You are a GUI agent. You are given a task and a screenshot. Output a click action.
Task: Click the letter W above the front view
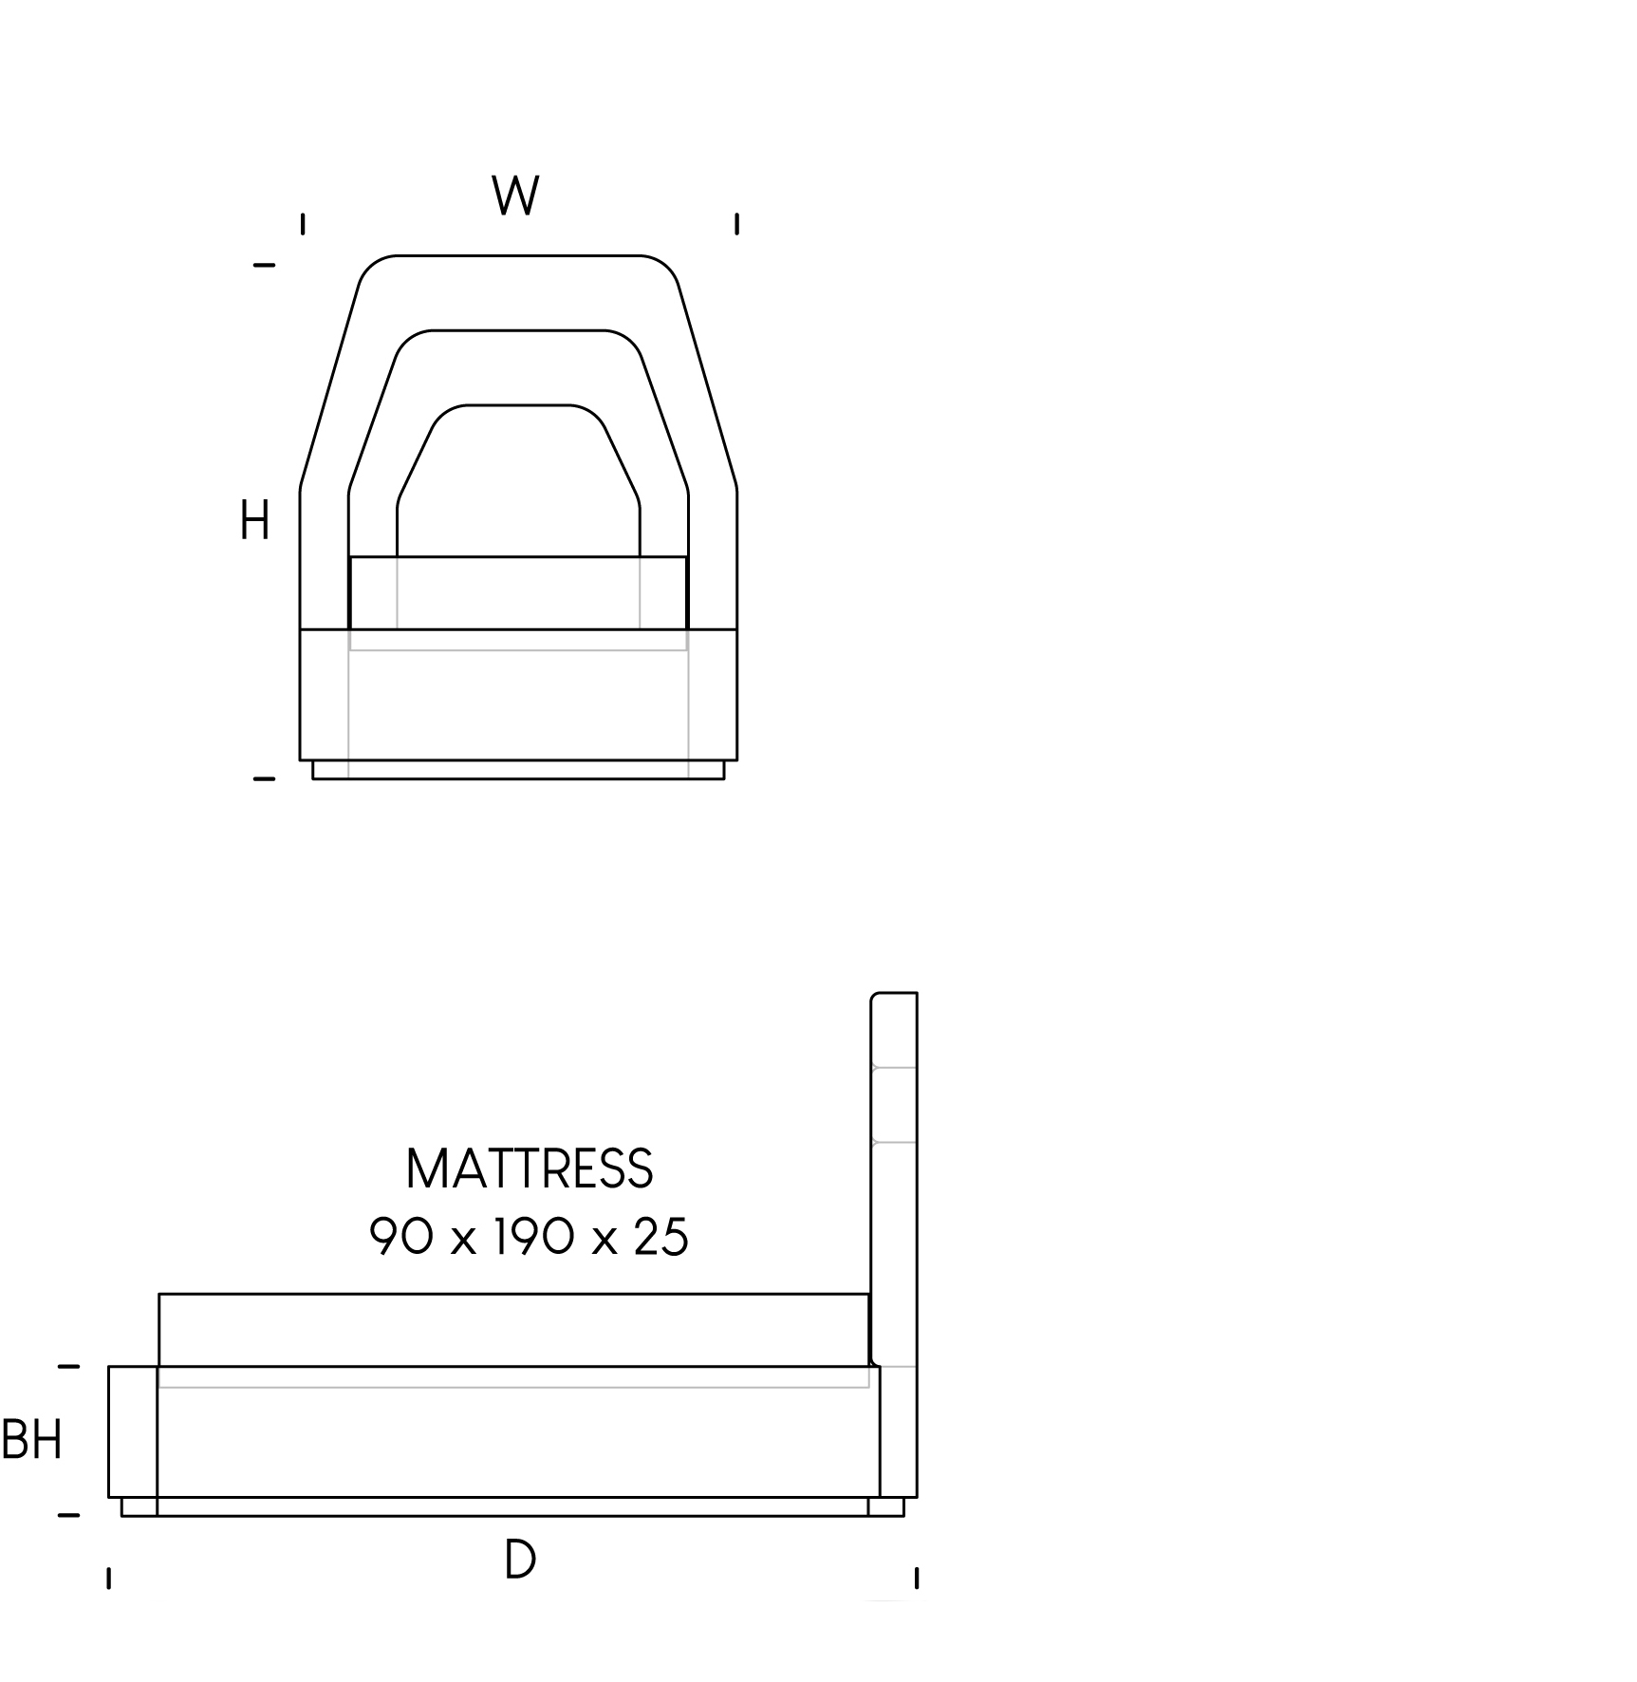pyautogui.click(x=516, y=196)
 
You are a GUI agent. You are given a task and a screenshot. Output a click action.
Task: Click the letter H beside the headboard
pyautogui.click(x=254, y=521)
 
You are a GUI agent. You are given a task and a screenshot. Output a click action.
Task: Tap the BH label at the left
pyautogui.click(x=32, y=1440)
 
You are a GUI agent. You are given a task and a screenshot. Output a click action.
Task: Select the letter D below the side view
pyautogui.click(x=520, y=1560)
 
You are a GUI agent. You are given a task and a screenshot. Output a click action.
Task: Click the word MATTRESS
pyautogui.click(x=530, y=1168)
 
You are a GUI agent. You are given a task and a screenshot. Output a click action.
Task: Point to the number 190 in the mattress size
pyautogui.click(x=530, y=1238)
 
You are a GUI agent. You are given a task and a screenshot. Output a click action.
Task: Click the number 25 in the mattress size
pyautogui.click(x=660, y=1238)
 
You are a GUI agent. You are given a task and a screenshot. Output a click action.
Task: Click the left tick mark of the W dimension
pyautogui.click(x=303, y=224)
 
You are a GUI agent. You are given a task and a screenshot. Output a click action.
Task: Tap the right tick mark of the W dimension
pyautogui.click(x=736, y=224)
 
